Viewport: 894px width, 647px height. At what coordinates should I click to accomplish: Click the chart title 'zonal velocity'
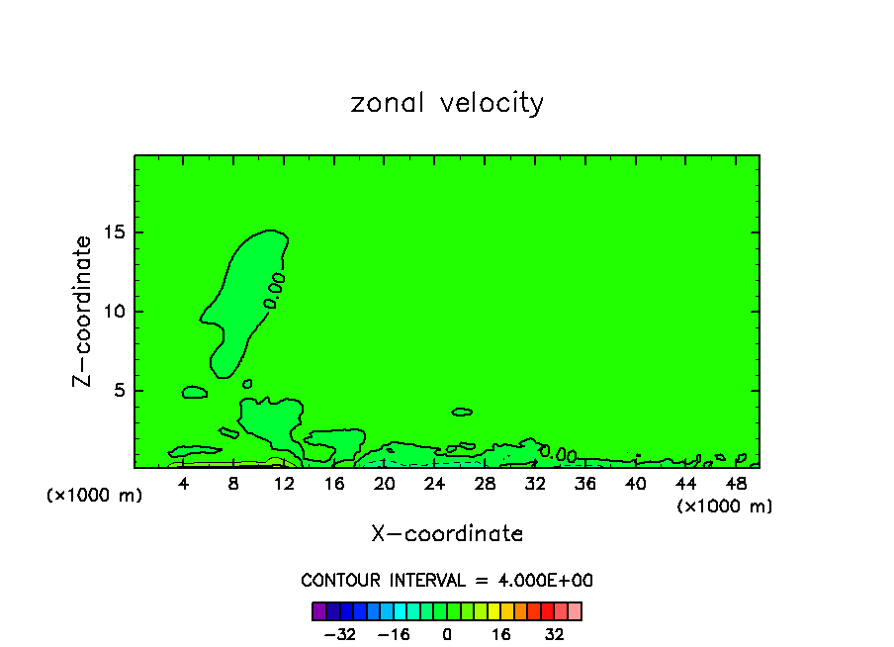[x=447, y=103]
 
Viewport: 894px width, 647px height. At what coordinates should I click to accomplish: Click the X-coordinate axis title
[x=447, y=534]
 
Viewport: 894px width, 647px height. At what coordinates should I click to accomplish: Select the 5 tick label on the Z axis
[x=117, y=391]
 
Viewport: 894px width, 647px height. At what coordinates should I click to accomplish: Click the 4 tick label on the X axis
[x=184, y=484]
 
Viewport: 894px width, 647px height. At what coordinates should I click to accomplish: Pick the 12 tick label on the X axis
[x=284, y=484]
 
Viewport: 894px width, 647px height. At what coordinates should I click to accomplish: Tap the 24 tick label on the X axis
[x=434, y=484]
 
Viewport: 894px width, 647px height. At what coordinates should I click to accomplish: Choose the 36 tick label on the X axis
[x=584, y=484]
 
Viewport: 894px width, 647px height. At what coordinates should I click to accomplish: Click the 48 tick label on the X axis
[x=735, y=484]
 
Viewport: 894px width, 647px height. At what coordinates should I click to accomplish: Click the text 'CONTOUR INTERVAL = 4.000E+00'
[x=447, y=581]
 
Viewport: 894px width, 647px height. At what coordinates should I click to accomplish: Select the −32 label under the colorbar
[x=339, y=635]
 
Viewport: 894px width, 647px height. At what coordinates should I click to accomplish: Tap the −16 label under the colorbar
[x=394, y=635]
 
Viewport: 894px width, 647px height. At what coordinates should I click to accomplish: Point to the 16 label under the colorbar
[x=501, y=635]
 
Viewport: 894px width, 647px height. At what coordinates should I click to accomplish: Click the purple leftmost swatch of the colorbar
[x=318, y=610]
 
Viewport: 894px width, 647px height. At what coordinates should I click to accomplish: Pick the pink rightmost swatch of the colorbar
[x=575, y=610]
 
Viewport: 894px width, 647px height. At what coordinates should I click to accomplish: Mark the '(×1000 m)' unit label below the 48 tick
[x=725, y=507]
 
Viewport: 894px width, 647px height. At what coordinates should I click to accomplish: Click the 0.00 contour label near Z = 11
[x=275, y=290]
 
